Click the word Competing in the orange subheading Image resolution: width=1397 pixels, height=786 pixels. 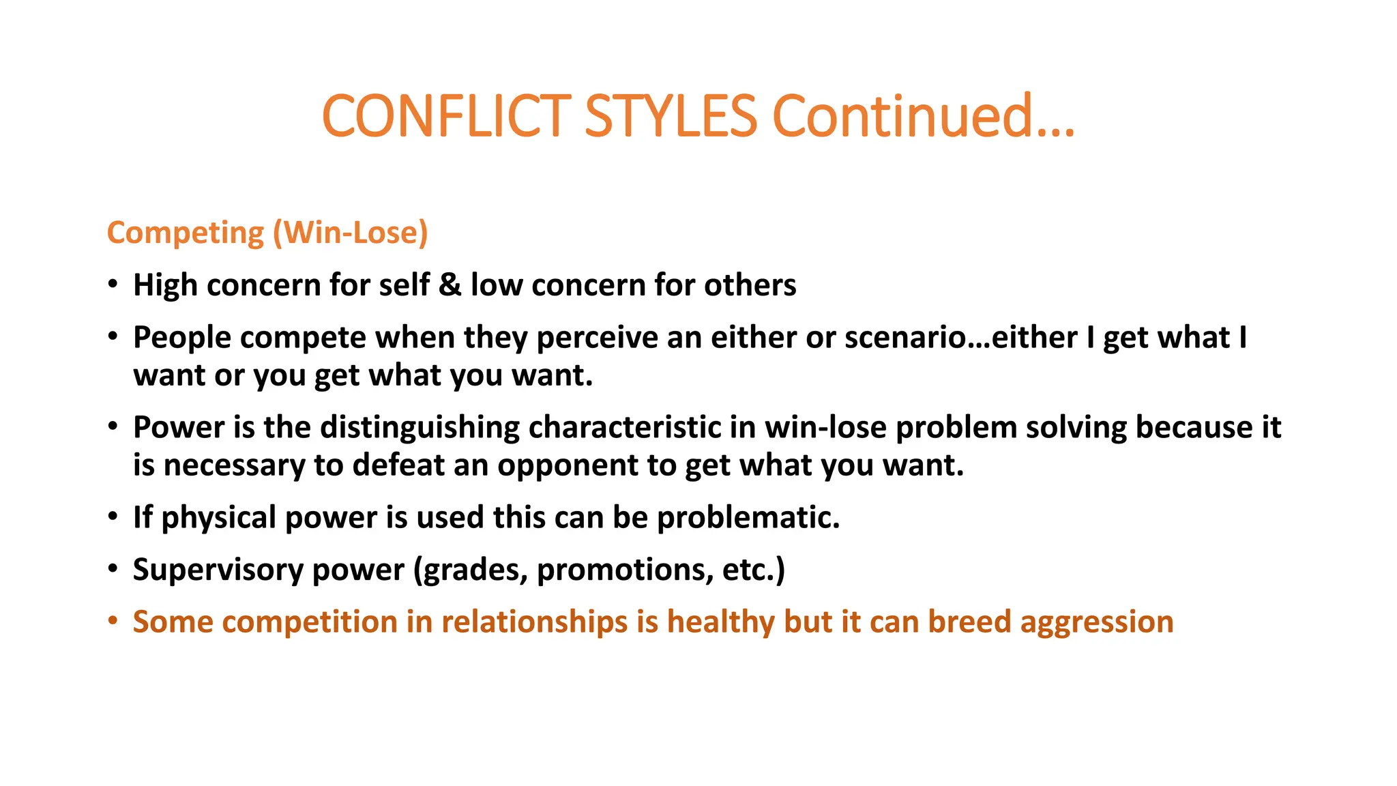pos(185,233)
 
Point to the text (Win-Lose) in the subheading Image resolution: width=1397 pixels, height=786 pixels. pos(351,233)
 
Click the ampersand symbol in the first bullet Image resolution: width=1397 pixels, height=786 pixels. pos(450,285)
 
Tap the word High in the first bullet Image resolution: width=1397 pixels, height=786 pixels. pos(164,285)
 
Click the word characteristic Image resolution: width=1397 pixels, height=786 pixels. pos(624,428)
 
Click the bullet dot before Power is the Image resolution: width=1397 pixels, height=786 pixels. pos(113,428)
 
